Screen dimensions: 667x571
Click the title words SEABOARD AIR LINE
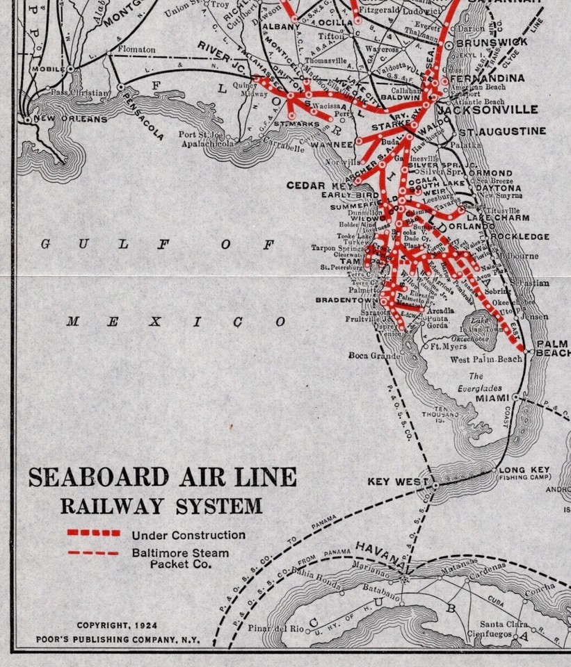[x=162, y=478]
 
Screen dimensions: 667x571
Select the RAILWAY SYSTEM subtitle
[x=161, y=505]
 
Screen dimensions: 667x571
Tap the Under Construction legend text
[x=188, y=535]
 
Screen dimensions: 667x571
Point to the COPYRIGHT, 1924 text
[x=117, y=625]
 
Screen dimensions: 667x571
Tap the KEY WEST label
[x=395, y=481]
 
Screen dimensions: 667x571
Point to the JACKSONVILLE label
[x=488, y=110]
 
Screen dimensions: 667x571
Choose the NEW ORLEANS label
[x=70, y=119]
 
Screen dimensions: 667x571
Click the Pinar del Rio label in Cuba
[x=276, y=629]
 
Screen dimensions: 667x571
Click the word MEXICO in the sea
[x=176, y=322]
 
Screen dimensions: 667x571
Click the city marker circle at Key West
[x=435, y=486]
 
